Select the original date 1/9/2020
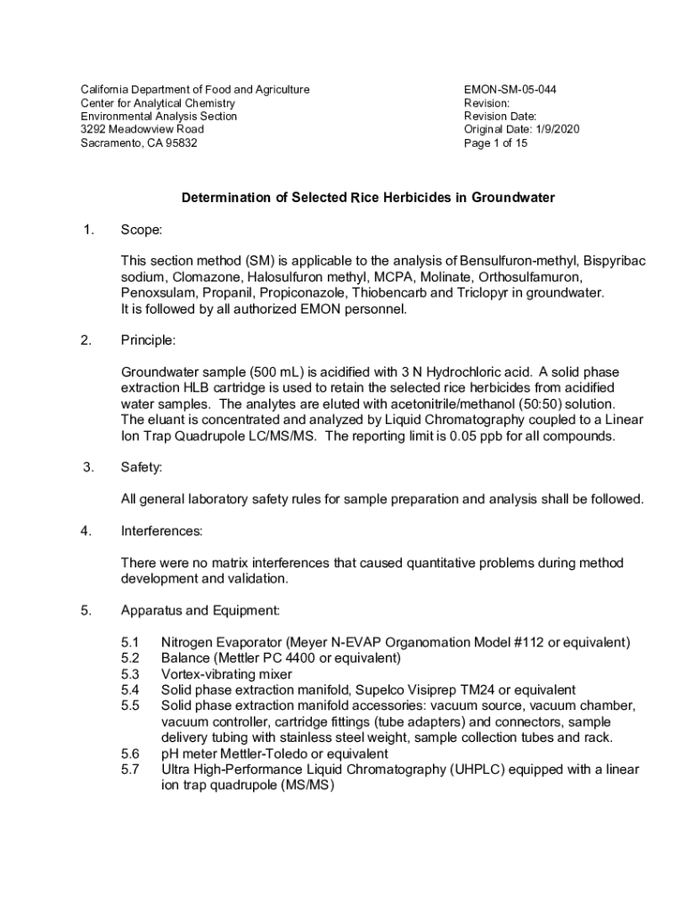(x=556, y=129)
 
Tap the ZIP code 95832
(x=178, y=142)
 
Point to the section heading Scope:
(x=141, y=231)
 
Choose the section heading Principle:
(x=148, y=340)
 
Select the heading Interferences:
(x=161, y=532)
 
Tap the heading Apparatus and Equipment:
(x=200, y=611)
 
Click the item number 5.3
(x=130, y=674)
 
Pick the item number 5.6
(x=130, y=753)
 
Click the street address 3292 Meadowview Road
(x=143, y=129)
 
